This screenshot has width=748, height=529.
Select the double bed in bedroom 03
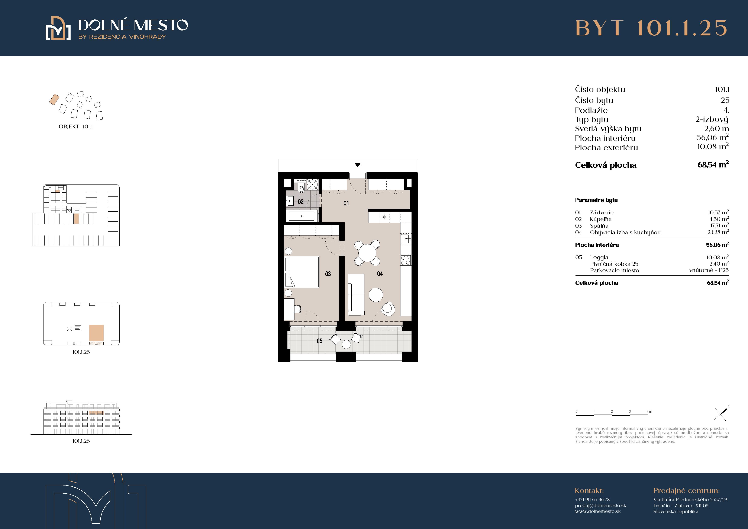(302, 272)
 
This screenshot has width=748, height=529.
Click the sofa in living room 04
(356, 294)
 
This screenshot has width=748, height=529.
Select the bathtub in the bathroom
(301, 216)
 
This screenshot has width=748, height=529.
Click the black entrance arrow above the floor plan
(358, 165)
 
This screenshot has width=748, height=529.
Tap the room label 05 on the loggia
(320, 341)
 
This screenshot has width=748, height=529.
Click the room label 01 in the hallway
(346, 203)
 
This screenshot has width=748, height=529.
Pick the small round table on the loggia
(346, 344)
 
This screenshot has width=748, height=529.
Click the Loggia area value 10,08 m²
(717, 257)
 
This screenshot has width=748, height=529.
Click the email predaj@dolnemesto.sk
(600, 506)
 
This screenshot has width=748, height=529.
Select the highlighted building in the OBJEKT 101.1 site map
(54, 99)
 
